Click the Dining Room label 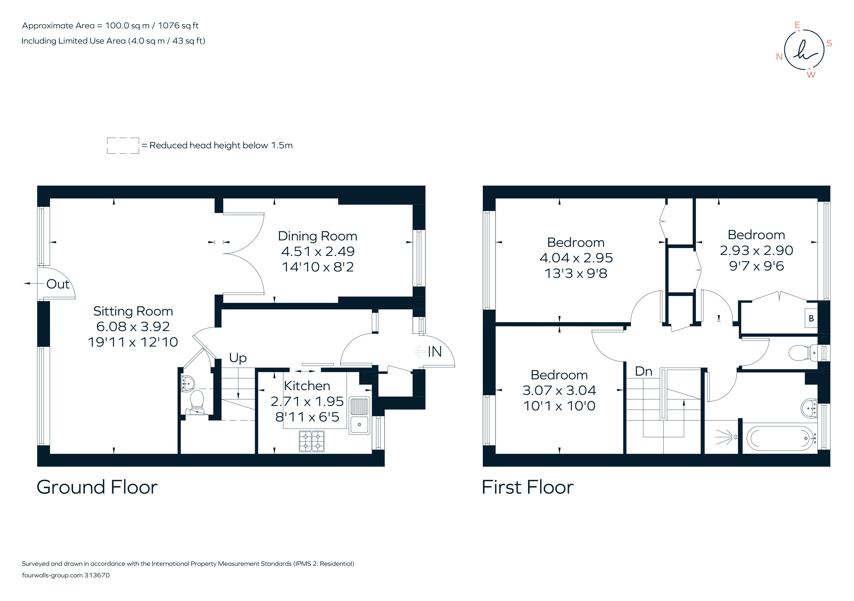pos(317,236)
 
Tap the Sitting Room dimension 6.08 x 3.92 pos(133,327)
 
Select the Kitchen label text pos(307,386)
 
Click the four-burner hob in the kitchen pos(311,441)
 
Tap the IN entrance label pos(435,351)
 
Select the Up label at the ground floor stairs pos(238,358)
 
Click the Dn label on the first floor pos(643,371)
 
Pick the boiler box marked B pos(811,318)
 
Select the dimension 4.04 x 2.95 pos(576,258)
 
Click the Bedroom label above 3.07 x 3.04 pos(559,375)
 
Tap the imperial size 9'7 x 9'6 pos(756,266)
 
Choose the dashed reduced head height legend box pos(123,145)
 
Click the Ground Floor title pos(97,487)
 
